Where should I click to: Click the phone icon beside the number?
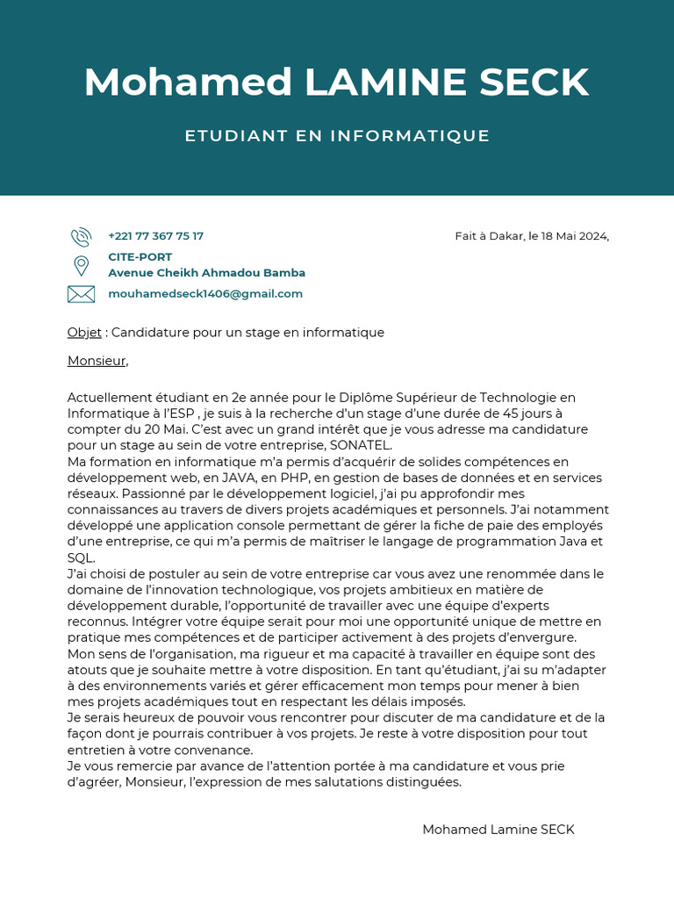coord(81,236)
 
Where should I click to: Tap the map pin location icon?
coord(81,265)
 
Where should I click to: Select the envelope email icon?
coord(81,294)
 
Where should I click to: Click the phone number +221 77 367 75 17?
coord(155,236)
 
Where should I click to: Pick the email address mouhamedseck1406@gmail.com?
coord(205,294)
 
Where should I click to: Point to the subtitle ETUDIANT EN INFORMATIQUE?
coord(337,136)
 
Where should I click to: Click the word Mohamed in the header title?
coord(188,83)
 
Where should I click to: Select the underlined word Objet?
coord(84,333)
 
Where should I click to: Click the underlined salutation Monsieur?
coord(97,361)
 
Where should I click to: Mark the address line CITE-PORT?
coord(140,257)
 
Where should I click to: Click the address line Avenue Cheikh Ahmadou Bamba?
coord(206,273)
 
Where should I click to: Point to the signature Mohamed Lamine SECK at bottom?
coord(498,830)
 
